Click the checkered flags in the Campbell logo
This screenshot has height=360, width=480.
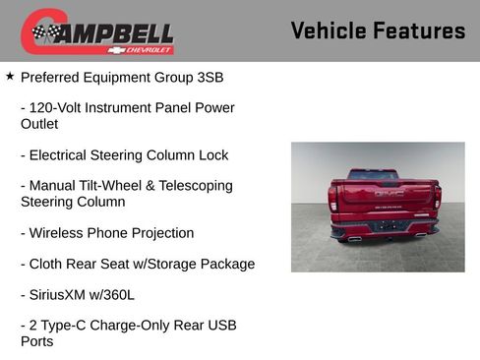(x=44, y=32)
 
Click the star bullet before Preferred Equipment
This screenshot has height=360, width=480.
(x=10, y=75)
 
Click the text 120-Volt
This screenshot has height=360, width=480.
(x=57, y=107)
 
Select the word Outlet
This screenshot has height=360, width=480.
(x=39, y=124)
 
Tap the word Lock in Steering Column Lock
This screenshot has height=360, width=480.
(x=212, y=154)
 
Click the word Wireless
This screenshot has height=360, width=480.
(x=58, y=233)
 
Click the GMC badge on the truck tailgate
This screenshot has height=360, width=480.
(x=389, y=194)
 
